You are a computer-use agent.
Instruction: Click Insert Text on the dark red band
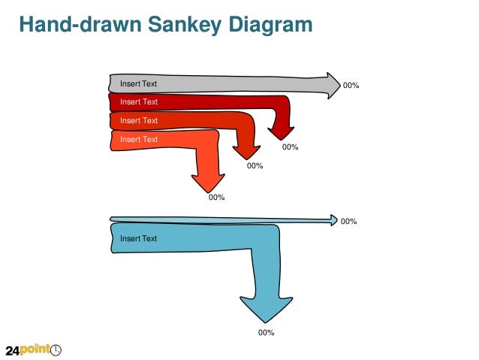pyautogui.click(x=139, y=101)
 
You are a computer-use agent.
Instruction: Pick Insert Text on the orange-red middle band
pyautogui.click(x=139, y=120)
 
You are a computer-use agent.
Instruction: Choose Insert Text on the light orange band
pyautogui.click(x=139, y=139)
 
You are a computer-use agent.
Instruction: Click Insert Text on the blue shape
pyautogui.click(x=139, y=238)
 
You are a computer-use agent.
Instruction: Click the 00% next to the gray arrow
pyautogui.click(x=351, y=86)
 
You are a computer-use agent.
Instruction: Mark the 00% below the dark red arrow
pyautogui.click(x=291, y=147)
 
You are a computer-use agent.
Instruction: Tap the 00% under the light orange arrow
pyautogui.click(x=217, y=198)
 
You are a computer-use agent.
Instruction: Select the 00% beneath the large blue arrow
pyautogui.click(x=266, y=332)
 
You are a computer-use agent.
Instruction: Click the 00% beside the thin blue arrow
pyautogui.click(x=349, y=222)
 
